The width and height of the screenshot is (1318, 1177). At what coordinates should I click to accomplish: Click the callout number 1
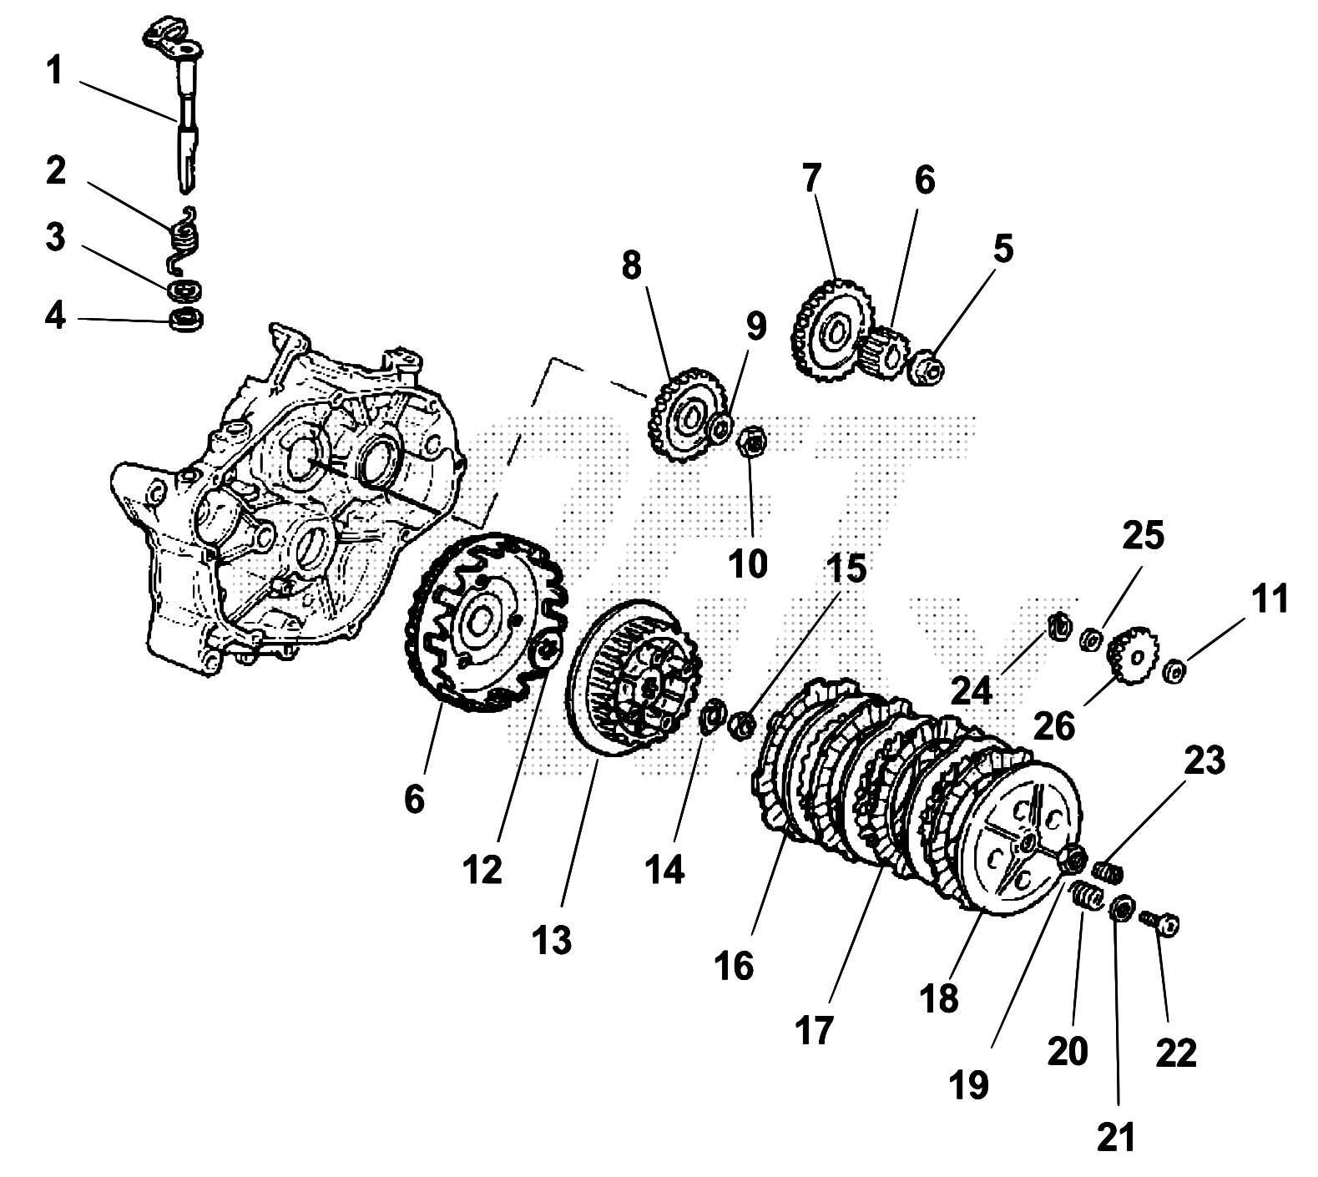(54, 72)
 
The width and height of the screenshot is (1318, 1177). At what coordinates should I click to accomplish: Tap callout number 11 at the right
(1269, 599)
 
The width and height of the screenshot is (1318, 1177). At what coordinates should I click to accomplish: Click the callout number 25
(1143, 536)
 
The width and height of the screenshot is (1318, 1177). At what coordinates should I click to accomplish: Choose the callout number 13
(552, 940)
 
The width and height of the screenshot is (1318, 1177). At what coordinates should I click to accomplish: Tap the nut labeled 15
(741, 722)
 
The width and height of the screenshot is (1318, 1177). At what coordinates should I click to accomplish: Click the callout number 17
(815, 1030)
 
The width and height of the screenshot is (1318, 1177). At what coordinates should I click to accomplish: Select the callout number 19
(969, 1086)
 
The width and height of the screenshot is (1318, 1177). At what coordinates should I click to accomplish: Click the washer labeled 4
(186, 319)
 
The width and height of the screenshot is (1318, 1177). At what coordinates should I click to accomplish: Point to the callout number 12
(482, 870)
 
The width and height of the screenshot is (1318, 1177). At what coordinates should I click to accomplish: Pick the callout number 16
(734, 965)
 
